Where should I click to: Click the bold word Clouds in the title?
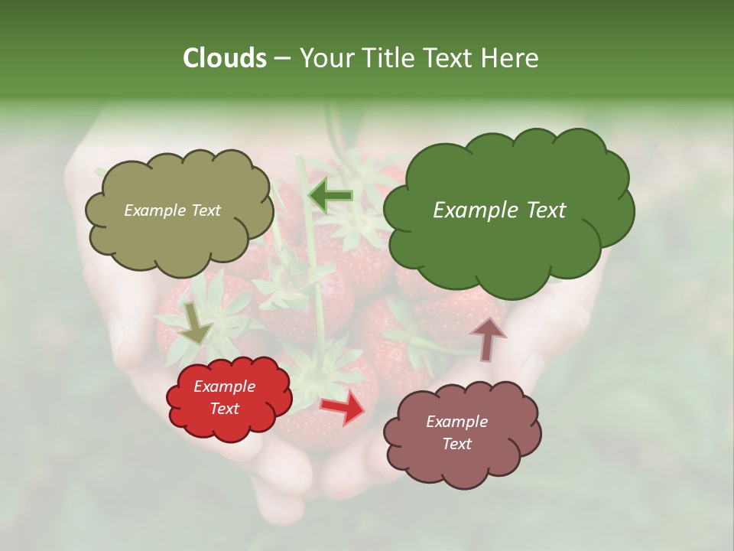224,58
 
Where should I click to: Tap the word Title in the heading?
388,58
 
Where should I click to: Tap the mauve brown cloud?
463,459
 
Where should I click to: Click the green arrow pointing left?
331,197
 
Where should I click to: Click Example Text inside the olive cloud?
172,210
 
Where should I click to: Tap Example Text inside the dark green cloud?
499,210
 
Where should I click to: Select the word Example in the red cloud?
224,387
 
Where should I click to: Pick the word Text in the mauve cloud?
456,444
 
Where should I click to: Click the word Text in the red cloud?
224,409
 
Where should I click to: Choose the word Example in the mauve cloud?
456,422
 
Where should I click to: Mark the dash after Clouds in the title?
282,59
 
